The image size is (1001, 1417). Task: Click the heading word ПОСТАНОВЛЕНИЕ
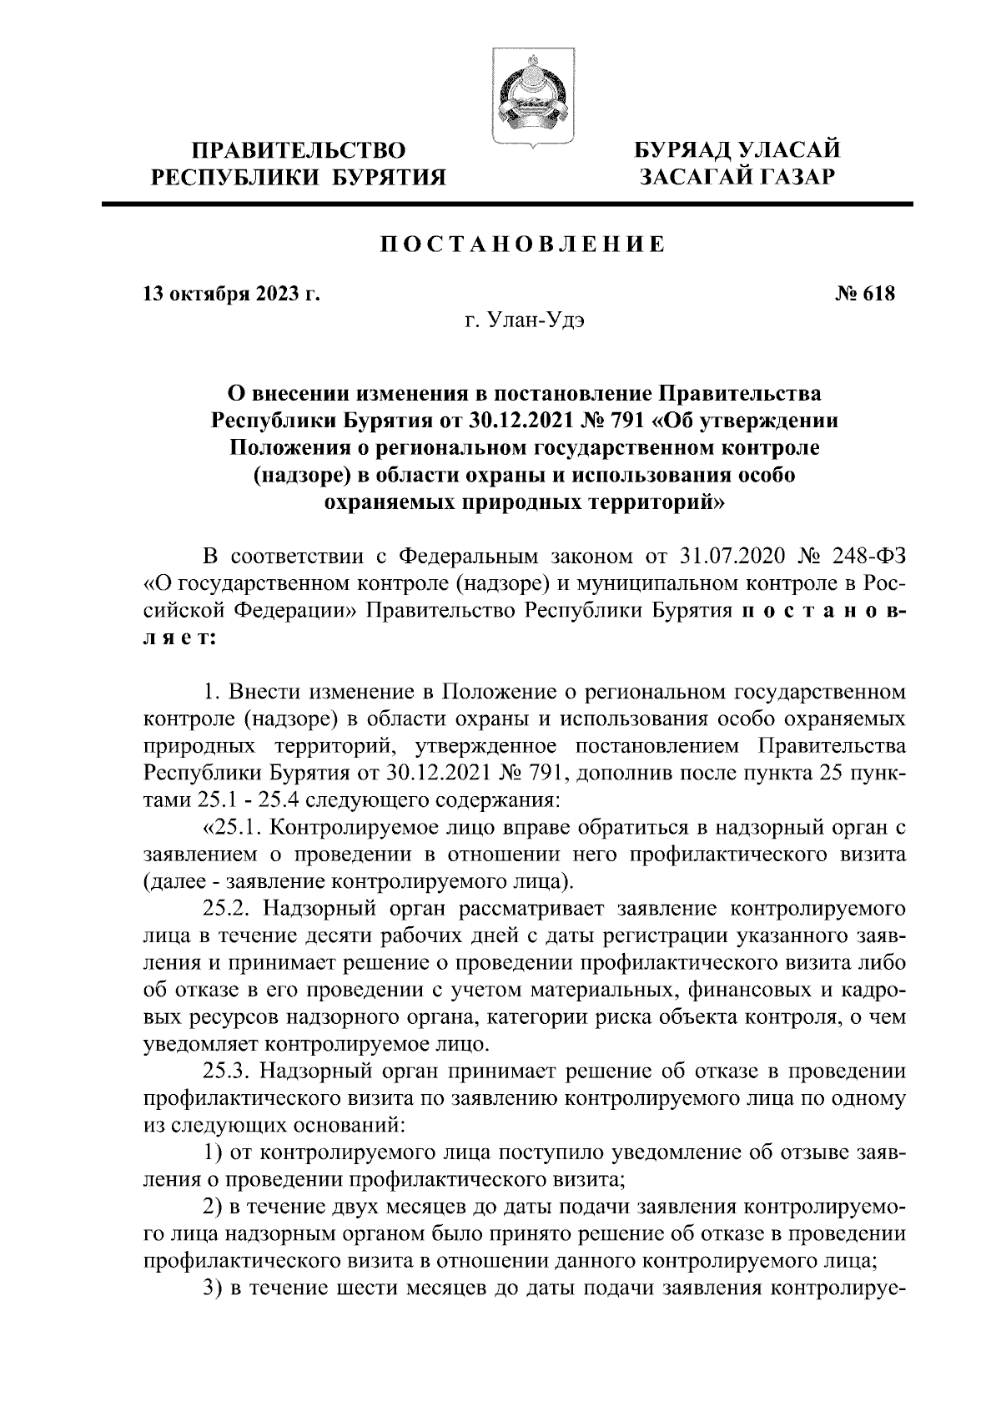523,245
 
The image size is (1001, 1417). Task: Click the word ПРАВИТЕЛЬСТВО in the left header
299,151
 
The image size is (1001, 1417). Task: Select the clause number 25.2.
235,907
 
